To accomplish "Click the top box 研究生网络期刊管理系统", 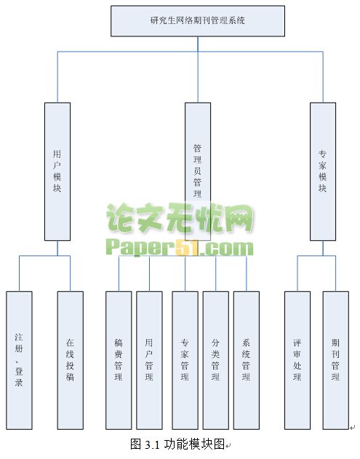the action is pos(198,21).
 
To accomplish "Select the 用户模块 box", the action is pos(57,172).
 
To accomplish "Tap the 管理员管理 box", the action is pos(198,172).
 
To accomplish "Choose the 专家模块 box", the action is pos(323,172).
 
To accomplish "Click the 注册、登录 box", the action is pos(20,360).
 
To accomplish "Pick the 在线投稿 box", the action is pos(71,360).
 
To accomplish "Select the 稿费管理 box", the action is pos(119,360).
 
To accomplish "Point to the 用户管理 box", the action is pos(149,360).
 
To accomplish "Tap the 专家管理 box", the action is pos(185,360).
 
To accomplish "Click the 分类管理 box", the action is pos(216,360).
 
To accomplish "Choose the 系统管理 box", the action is pos(247,360).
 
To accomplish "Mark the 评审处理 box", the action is pos(297,360).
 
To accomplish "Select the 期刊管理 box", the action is pos(336,360).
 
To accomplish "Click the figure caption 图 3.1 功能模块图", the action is pos(177,444).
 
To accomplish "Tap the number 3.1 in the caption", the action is pos(152,444).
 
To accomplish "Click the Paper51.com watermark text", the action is pos(179,247).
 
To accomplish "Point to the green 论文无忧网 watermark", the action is pos(180,218).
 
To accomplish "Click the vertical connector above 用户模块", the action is pos(57,77).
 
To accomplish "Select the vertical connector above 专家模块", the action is pos(323,77).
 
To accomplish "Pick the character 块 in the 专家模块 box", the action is pos(322,188).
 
